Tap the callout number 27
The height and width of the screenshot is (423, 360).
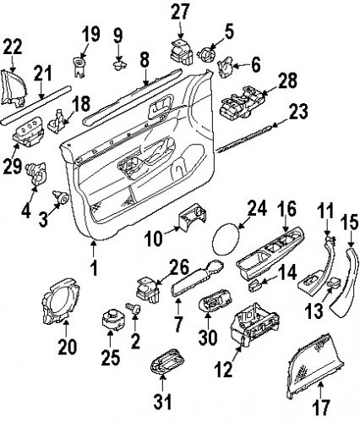(x=180, y=11)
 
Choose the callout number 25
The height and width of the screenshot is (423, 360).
(x=107, y=346)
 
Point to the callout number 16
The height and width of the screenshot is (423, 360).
(x=287, y=208)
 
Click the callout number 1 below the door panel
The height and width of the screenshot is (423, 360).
(x=94, y=270)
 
